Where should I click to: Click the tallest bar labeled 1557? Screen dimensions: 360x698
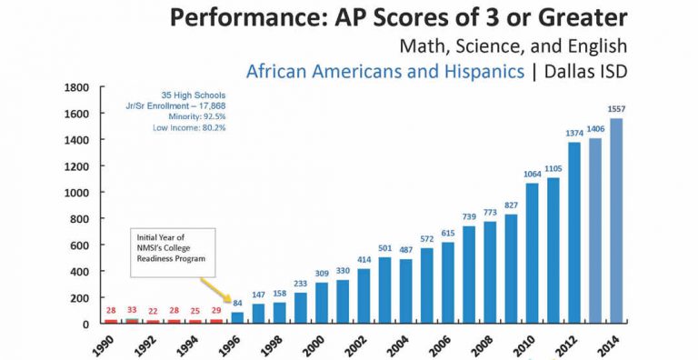coord(617,221)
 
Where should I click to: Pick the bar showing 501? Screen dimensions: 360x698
coord(384,290)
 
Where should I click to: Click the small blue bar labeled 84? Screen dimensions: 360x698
coord(238,317)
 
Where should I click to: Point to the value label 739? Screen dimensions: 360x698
coord(469,217)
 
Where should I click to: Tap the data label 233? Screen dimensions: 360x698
coord(301,284)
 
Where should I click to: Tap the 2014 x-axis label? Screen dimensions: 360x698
coord(610,345)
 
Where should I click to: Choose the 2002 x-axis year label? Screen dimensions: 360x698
coord(358,345)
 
